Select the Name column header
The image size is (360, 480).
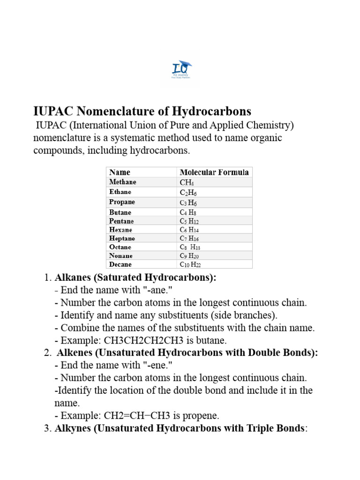(x=120, y=172)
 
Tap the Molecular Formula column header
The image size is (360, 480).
(x=214, y=172)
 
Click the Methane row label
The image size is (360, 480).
(x=123, y=182)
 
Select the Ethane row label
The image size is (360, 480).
(x=120, y=192)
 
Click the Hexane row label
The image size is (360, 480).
(x=120, y=230)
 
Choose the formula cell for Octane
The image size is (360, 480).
(x=190, y=247)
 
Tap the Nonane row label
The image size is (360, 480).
(x=121, y=256)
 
